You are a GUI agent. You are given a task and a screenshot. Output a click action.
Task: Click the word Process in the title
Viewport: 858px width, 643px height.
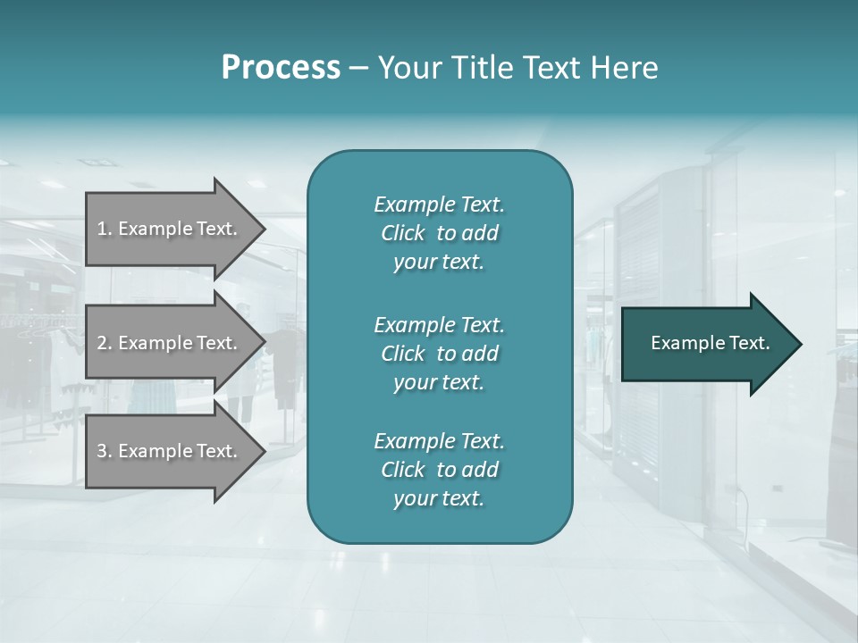(281, 68)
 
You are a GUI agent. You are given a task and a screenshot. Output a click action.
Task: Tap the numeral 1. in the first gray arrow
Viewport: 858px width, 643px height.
(105, 229)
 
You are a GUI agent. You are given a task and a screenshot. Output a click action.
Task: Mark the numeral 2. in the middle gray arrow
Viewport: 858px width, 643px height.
(105, 343)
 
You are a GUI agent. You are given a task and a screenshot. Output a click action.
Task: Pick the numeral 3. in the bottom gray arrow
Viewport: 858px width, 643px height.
(105, 451)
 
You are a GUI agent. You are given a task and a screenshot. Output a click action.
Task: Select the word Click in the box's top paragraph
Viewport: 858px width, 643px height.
(403, 233)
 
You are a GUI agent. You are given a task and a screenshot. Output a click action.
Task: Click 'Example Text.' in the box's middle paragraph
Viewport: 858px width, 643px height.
(439, 324)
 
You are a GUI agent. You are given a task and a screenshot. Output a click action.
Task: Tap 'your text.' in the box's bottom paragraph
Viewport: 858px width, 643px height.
(439, 498)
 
